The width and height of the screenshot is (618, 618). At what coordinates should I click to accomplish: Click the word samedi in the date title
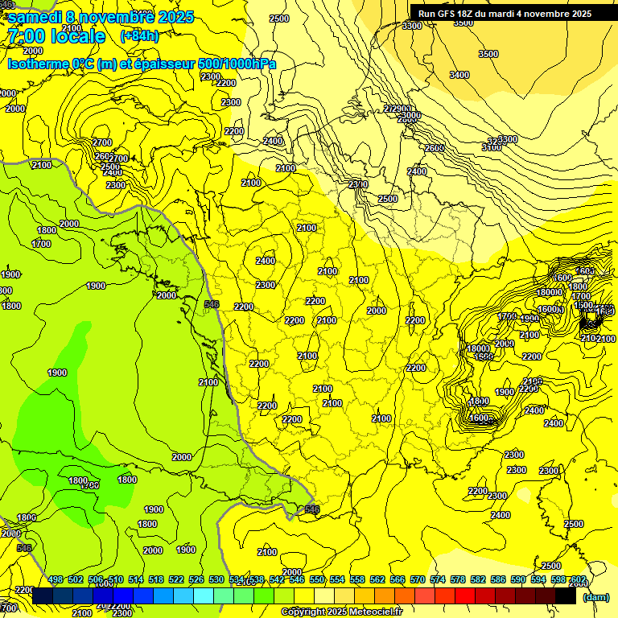tap(35, 17)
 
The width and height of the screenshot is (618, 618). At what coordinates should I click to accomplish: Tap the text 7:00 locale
tap(56, 36)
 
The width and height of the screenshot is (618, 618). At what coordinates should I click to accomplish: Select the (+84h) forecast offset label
tap(140, 36)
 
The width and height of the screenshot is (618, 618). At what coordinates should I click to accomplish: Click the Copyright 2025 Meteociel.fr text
tap(341, 612)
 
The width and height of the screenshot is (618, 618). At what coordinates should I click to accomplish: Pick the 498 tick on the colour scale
tap(56, 579)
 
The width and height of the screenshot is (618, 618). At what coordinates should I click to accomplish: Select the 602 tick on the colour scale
tap(578, 579)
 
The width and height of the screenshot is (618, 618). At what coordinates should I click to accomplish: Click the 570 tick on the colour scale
tap(418, 579)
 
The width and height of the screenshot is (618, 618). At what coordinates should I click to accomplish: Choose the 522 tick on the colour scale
tap(176, 579)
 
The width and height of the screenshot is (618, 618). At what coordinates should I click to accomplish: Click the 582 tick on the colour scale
tap(478, 579)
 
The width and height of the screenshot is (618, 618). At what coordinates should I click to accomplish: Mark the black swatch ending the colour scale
tap(566, 595)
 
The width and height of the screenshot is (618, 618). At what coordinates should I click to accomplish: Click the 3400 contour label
tap(459, 75)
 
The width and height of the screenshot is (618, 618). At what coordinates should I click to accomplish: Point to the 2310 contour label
tap(358, 184)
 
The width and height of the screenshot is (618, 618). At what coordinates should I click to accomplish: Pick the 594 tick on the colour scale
tap(538, 579)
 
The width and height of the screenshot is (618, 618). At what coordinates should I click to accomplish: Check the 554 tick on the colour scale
tap(337, 579)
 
